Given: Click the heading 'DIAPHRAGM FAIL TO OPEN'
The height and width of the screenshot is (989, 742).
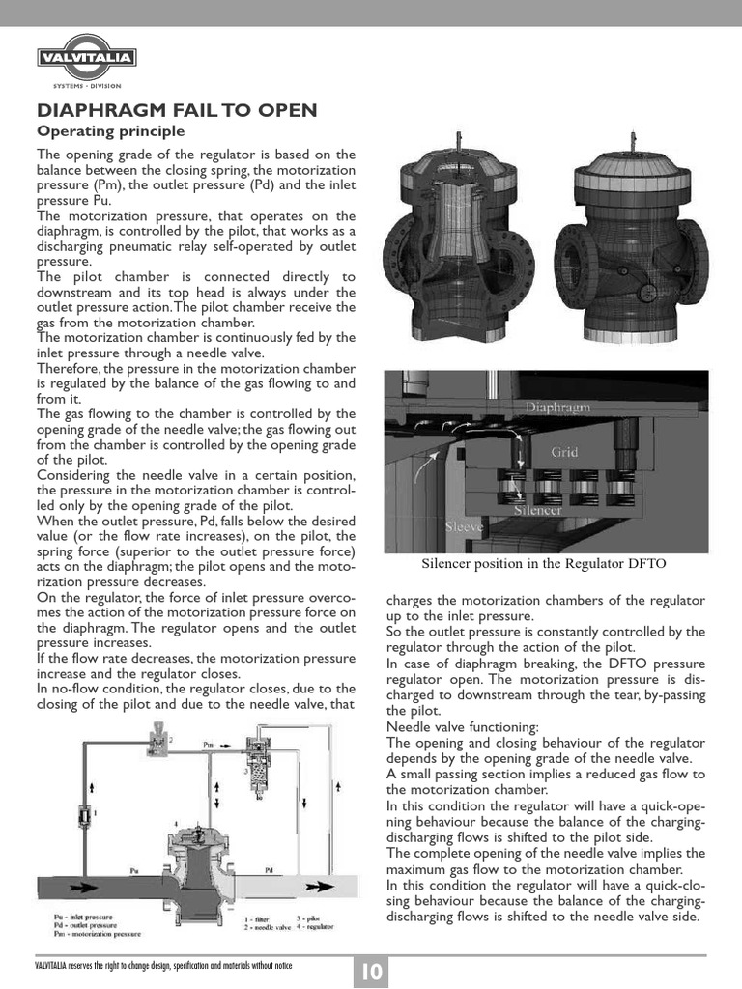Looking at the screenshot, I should (x=176, y=110).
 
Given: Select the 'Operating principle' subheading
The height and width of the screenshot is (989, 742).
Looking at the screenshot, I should (x=110, y=131).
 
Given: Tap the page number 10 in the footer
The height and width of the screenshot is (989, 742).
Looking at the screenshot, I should (x=371, y=972).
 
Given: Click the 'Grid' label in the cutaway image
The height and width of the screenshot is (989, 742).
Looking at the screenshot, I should (x=565, y=451).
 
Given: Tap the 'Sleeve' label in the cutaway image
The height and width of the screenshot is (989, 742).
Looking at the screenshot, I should (x=465, y=527).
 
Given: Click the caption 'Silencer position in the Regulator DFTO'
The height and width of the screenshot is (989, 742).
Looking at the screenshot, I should (x=544, y=563).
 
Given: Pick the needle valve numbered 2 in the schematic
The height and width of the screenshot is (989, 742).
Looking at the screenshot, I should (x=154, y=743).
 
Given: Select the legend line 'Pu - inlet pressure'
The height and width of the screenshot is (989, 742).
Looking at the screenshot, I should (x=78, y=916).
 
